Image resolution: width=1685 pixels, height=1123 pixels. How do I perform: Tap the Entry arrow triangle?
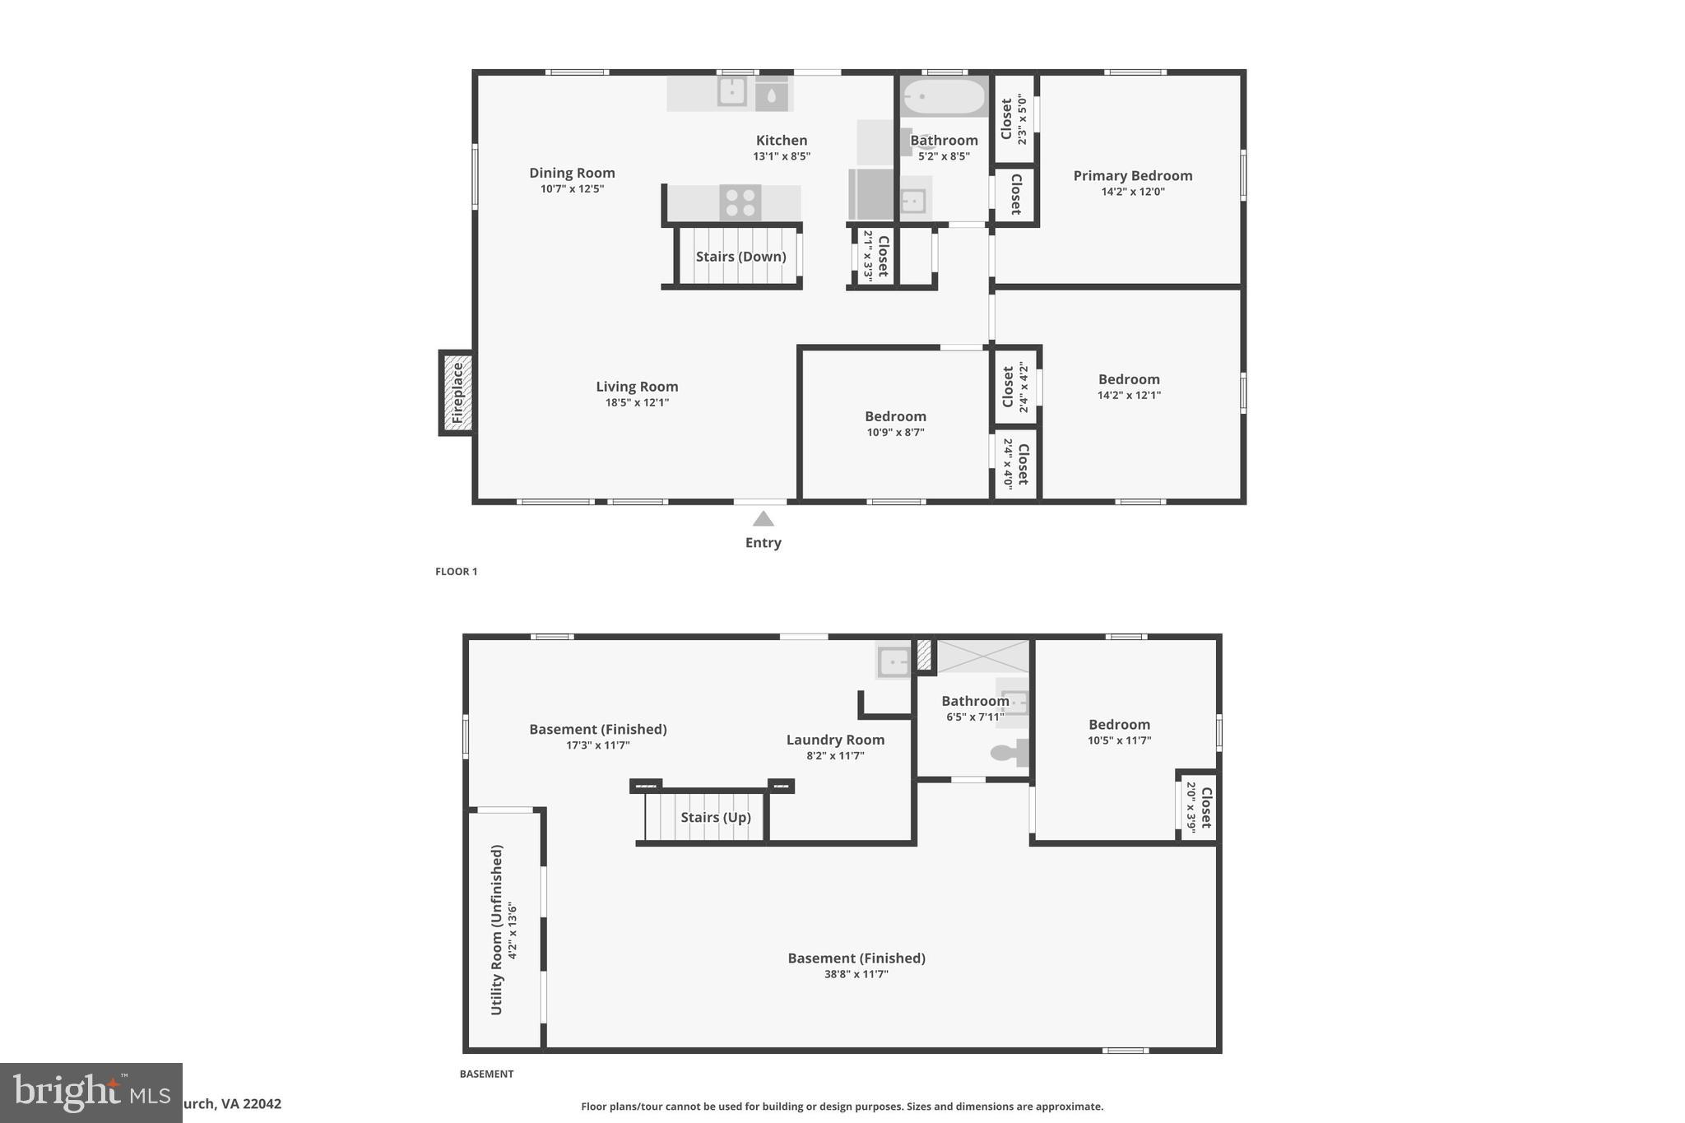(763, 519)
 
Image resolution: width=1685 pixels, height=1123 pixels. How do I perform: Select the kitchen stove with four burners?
(740, 203)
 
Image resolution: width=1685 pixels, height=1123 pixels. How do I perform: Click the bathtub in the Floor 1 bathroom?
(944, 97)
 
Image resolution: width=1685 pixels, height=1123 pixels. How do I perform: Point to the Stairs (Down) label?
(740, 257)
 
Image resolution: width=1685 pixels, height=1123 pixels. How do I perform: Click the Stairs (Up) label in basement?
(715, 818)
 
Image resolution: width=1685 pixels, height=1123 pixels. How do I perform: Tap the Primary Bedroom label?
(1132, 176)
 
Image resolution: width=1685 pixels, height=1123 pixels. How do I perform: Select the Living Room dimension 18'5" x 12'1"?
(637, 403)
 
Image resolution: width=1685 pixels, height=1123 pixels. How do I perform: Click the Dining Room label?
(572, 173)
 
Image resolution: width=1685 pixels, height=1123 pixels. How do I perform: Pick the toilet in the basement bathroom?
(1009, 752)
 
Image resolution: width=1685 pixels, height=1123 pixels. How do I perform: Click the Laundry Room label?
(835, 740)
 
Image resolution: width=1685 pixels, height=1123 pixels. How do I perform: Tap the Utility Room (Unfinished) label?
(497, 930)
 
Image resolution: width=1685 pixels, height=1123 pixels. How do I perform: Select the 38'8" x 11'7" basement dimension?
(856, 975)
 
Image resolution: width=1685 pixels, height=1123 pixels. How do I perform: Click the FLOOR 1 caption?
(456, 572)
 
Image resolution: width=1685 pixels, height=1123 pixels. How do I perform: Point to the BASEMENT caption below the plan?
(486, 1074)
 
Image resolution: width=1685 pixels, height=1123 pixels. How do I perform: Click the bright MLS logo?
(91, 1093)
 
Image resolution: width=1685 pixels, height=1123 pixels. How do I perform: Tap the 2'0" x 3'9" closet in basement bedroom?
(1199, 807)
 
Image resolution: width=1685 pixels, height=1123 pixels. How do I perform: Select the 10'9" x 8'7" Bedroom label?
(895, 417)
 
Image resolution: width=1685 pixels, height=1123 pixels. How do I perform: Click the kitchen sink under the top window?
(731, 91)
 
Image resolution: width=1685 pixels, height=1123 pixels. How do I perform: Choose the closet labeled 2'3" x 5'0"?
(1014, 119)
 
